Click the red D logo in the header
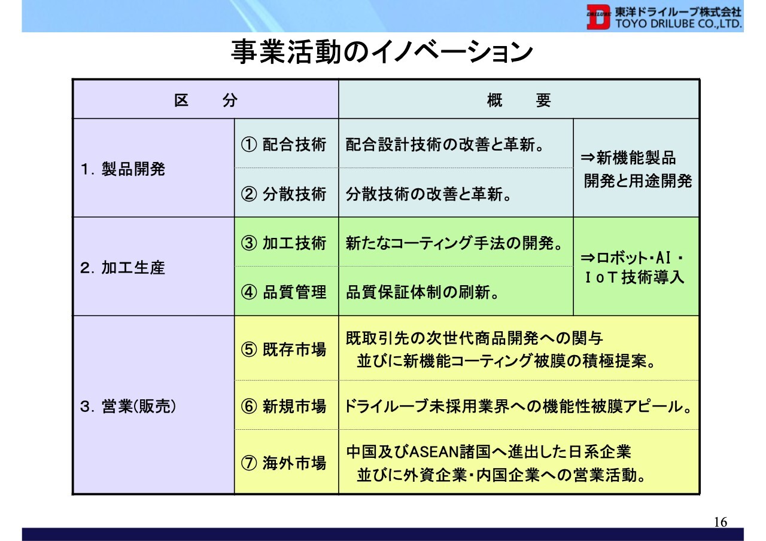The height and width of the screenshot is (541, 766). pos(598,17)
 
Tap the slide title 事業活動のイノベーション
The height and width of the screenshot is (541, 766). pos(382,51)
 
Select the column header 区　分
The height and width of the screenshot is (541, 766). pos(205,100)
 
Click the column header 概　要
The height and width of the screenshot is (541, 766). pos(518,100)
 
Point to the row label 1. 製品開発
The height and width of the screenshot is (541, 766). pos(123,169)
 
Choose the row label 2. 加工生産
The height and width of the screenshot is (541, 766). pos(123,267)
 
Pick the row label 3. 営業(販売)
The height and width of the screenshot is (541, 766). pos(128,406)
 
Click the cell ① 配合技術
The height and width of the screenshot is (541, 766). pos(284,144)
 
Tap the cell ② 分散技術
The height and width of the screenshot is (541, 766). pos(284,194)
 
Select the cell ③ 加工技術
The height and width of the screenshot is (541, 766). pos(284,243)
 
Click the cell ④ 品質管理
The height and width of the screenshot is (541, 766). pos(284,292)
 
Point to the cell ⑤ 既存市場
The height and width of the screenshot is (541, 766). pos(284,349)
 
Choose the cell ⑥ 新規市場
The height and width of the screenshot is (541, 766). pos(284,406)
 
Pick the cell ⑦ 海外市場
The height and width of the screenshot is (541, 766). pos(284,463)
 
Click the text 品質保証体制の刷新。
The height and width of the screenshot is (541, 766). pos(422,292)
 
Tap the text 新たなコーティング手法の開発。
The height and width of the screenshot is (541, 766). pos(454,243)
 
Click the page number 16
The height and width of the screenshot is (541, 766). pos(721,522)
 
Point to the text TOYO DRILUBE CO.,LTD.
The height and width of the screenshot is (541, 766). pos(679,24)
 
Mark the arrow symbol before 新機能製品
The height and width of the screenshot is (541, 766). pos(588,158)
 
